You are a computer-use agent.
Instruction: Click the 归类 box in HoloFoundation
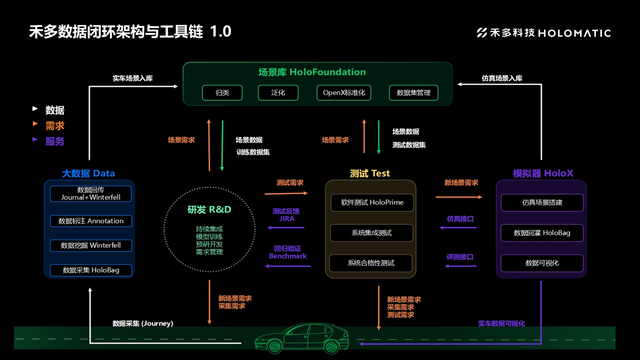(222, 92)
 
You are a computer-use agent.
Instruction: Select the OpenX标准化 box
(344, 92)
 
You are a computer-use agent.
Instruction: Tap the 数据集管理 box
(413, 92)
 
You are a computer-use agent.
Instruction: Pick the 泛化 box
(278, 92)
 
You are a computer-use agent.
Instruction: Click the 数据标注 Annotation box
(91, 221)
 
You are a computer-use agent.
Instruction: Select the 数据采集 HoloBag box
(91, 270)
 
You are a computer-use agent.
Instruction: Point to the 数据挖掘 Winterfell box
(91, 245)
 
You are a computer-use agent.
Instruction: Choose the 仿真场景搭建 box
(542, 202)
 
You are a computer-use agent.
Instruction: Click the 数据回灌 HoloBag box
(542, 232)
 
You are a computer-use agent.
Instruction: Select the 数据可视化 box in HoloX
(542, 263)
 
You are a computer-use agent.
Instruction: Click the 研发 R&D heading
(209, 209)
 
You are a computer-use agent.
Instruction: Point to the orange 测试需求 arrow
(286, 193)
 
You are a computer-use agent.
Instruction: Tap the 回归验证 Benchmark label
(287, 252)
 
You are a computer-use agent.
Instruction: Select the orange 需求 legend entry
(54, 126)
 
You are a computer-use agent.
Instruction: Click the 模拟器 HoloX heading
(543, 173)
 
